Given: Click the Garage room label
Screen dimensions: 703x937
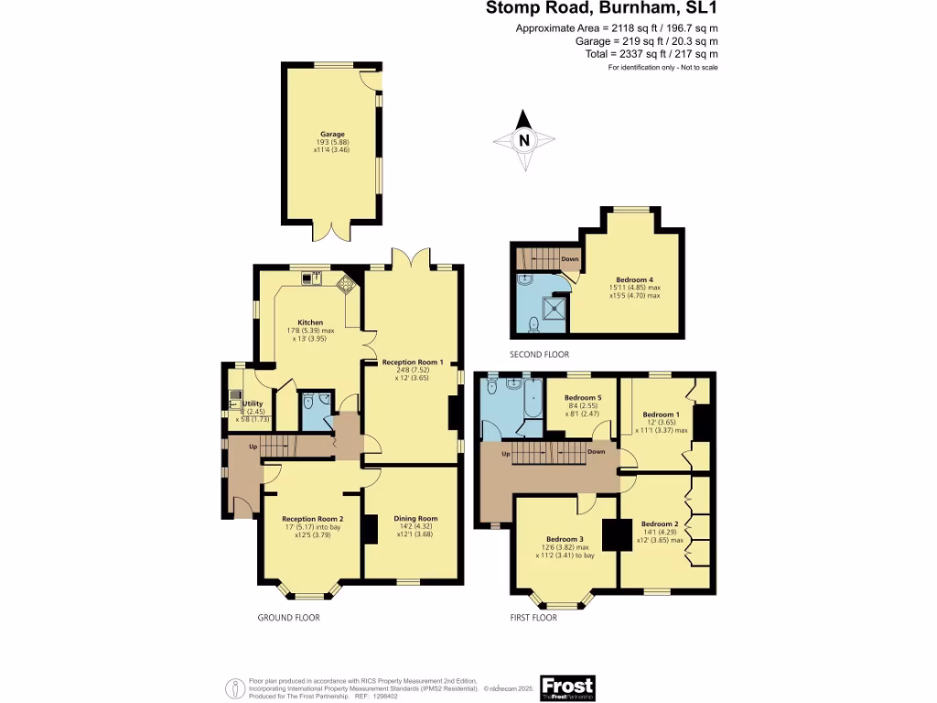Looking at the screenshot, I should [x=332, y=135].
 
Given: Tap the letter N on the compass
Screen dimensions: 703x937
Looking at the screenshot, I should [x=524, y=141].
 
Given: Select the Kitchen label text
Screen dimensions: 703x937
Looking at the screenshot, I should [x=310, y=322].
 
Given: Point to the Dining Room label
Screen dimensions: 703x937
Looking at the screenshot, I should [x=415, y=518].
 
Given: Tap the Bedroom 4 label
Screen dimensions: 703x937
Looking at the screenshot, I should [x=634, y=280].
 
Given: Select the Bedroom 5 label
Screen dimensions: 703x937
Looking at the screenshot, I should [x=583, y=398].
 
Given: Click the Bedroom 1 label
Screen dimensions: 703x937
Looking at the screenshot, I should [x=661, y=415].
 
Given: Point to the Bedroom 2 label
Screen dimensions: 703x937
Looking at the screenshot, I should [x=659, y=524].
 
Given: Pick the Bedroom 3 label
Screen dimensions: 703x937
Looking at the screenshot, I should [x=565, y=539].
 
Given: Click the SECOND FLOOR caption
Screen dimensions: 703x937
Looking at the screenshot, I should [x=540, y=354].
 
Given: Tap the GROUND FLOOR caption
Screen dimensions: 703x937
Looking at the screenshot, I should [x=288, y=618].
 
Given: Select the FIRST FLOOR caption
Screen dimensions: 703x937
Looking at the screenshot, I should [x=533, y=618].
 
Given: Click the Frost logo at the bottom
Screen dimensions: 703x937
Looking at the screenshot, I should [x=567, y=687].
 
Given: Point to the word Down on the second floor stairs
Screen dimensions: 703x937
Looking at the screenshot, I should [x=569, y=259].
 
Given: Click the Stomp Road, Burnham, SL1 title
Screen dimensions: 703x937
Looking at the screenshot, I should [x=600, y=9].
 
